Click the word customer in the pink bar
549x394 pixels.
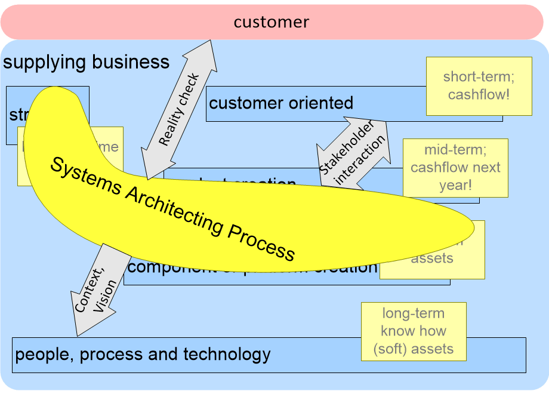(272, 23)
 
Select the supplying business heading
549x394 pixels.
(87, 62)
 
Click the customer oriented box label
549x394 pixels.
(281, 103)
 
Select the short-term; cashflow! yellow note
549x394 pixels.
(479, 86)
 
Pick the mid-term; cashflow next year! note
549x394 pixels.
(455, 168)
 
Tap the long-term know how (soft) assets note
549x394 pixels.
(413, 331)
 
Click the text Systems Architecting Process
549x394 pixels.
(172, 208)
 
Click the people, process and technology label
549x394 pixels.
(143, 355)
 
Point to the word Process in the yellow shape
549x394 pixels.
(263, 242)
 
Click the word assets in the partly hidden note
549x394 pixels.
(432, 258)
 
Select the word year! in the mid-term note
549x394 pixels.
(455, 185)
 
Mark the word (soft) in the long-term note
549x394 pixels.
(392, 349)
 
